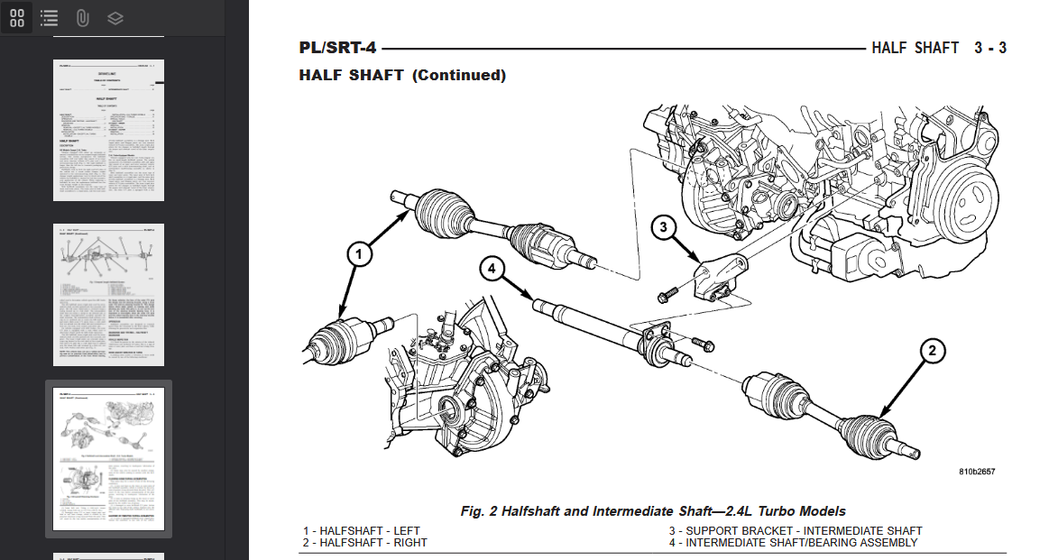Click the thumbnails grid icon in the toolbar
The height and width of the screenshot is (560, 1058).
point(17,17)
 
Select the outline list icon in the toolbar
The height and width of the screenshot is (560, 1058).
point(50,17)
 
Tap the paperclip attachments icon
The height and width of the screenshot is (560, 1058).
point(82,17)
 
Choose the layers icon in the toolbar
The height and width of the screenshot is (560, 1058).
point(115,17)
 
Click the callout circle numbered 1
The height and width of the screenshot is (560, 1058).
point(359,256)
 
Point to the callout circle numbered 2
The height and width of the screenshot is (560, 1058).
point(933,351)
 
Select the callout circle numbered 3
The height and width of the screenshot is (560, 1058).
point(663,227)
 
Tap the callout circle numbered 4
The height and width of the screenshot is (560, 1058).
point(491,268)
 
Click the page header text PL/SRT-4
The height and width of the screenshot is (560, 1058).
point(339,48)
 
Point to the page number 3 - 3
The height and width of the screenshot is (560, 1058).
point(989,48)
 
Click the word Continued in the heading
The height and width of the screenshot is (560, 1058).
point(459,76)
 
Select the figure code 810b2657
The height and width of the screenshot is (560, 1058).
point(977,472)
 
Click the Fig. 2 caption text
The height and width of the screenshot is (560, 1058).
point(653,511)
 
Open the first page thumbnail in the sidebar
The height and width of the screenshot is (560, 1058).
point(109,131)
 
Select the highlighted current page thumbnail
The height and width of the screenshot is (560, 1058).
point(109,459)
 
